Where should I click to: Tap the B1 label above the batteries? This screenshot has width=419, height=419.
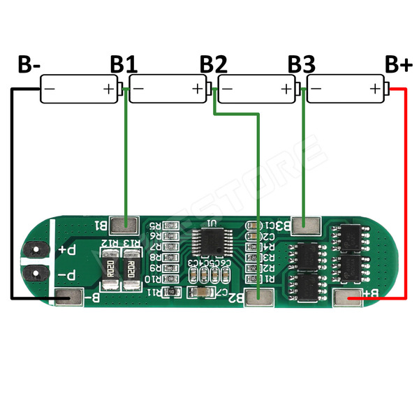[x=124, y=64]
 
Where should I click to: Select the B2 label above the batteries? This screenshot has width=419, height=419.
[x=214, y=64]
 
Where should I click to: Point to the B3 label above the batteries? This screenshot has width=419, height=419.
[x=302, y=64]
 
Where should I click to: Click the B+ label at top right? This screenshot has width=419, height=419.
[x=399, y=64]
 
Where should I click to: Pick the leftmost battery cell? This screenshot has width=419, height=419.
[x=79, y=89]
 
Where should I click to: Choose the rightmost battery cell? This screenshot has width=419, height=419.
[x=346, y=89]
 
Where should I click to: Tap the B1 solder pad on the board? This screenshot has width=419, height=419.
[x=126, y=224]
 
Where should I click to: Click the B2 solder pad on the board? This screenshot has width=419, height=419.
[x=259, y=297]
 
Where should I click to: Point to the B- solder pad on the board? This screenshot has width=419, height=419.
[x=70, y=297]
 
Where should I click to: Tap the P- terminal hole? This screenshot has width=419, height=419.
[x=32, y=273]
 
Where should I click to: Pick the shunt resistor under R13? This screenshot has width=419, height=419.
[x=131, y=270]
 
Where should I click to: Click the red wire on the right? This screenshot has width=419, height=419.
[x=406, y=196]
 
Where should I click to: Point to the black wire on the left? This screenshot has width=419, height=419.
[x=12, y=196]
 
